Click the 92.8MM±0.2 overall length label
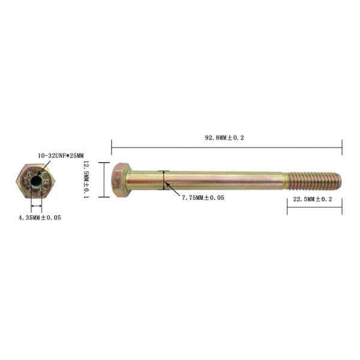[224, 137]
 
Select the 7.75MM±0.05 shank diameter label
[203, 197]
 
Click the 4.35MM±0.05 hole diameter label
[40, 217]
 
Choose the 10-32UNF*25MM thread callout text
[61, 155]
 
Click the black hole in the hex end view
[37, 181]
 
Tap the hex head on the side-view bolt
[120, 179]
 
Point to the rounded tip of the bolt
[338, 181]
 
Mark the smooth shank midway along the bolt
[204, 180]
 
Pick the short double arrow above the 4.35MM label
[37, 208]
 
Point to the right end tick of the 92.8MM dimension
[341, 146]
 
